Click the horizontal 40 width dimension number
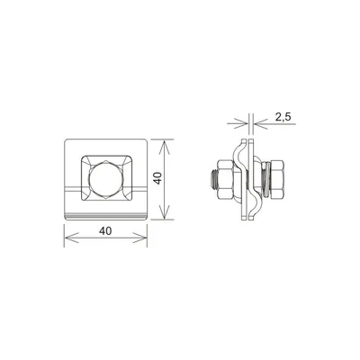[x=105, y=230]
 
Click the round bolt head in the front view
[x=105, y=179]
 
